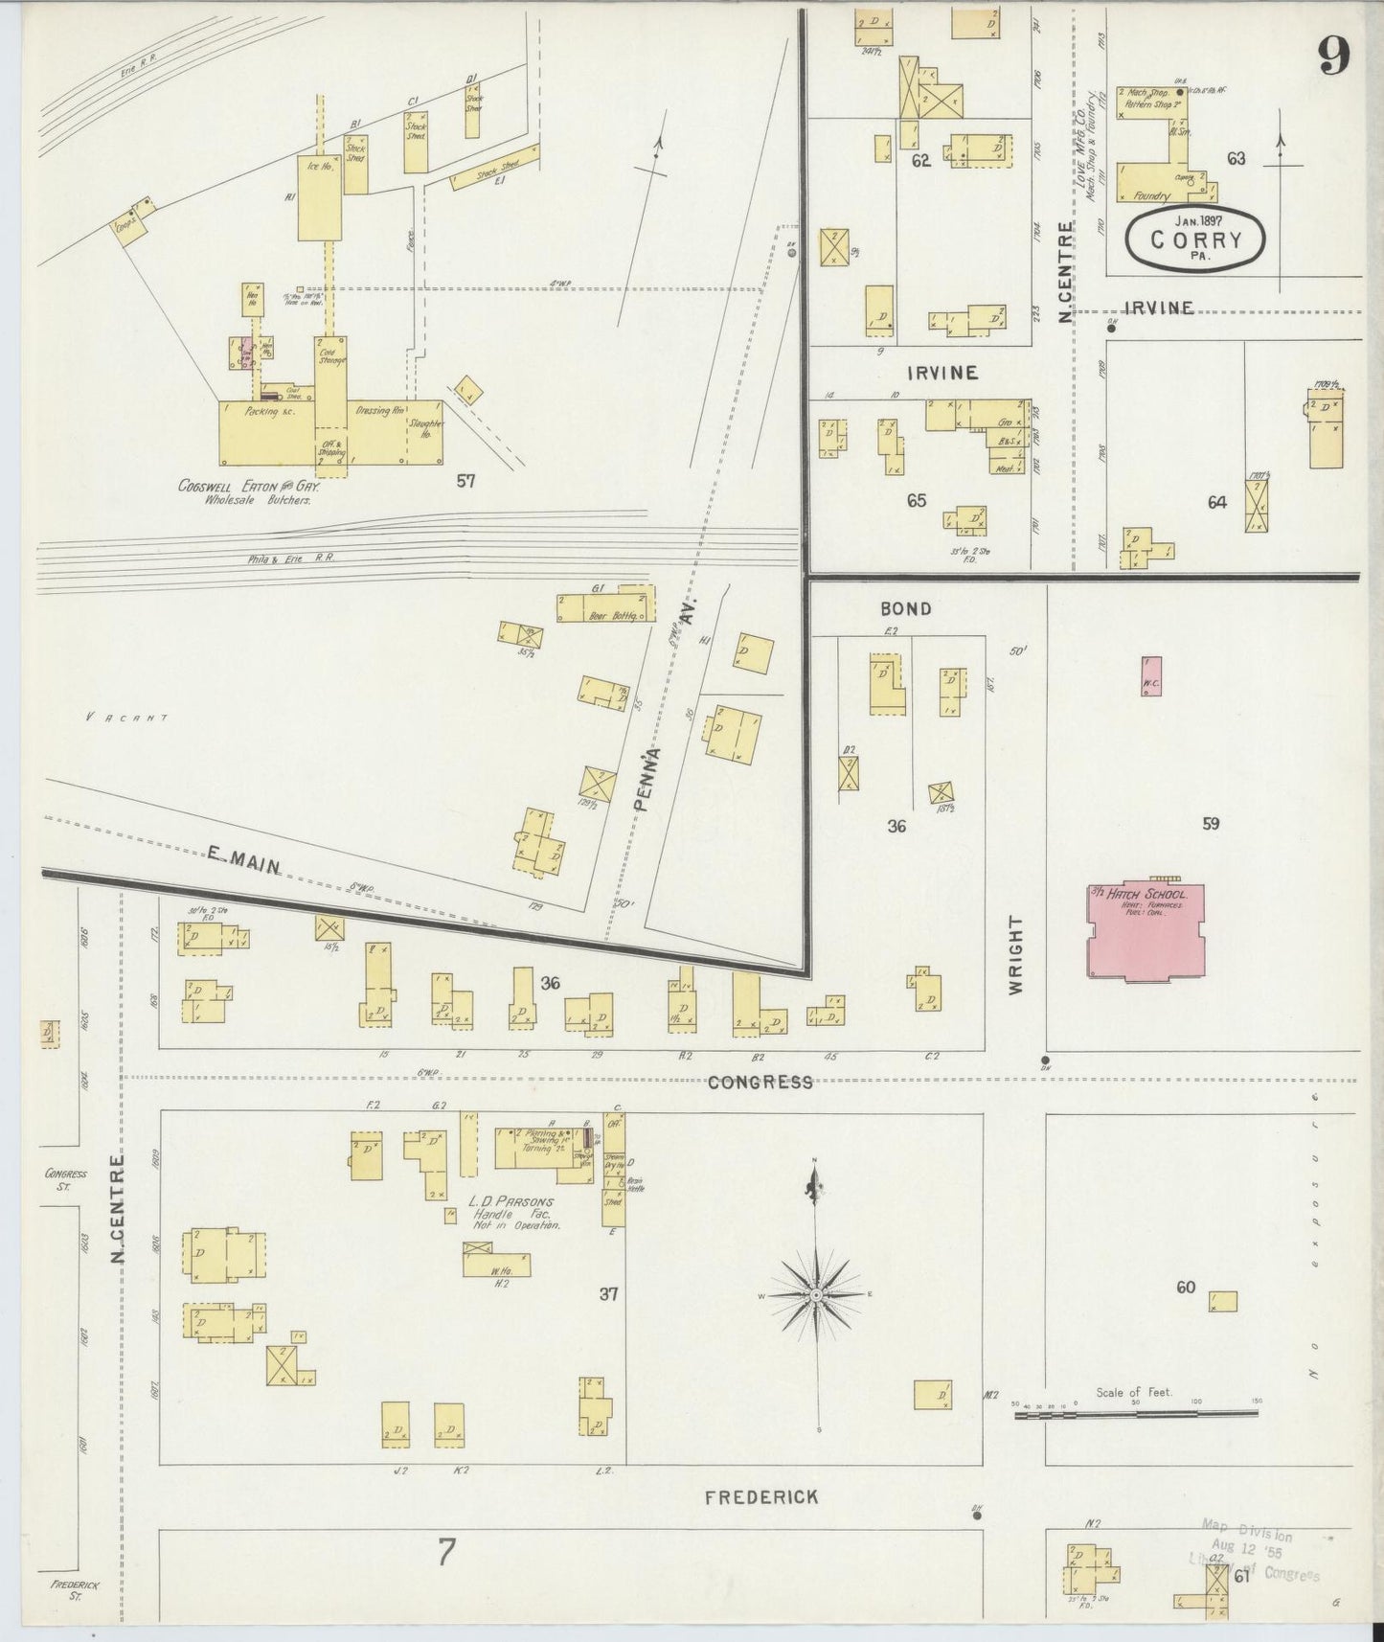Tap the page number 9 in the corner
click(1333, 55)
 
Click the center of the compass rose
click(815, 1295)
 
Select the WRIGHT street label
click(1017, 953)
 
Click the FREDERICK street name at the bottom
click(761, 1496)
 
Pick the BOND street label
click(905, 608)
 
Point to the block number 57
click(465, 481)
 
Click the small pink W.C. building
click(1152, 676)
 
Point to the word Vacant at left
click(126, 717)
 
